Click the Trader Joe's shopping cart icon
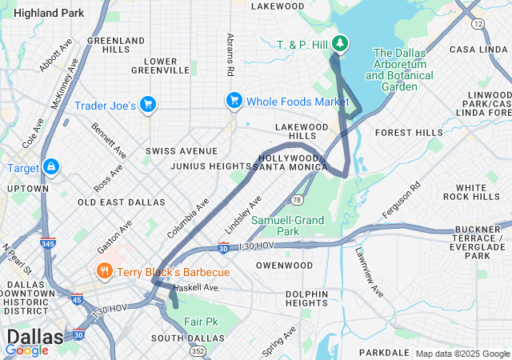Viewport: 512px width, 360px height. (x=147, y=105)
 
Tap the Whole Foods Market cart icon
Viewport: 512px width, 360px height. (x=234, y=101)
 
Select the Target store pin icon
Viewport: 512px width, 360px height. (x=50, y=166)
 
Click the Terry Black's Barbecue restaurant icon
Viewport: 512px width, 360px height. (x=103, y=272)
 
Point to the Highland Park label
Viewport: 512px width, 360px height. (x=49, y=13)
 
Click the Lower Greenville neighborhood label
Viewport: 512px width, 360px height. (x=171, y=65)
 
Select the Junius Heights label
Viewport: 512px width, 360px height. (x=210, y=166)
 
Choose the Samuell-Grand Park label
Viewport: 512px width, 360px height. (x=287, y=226)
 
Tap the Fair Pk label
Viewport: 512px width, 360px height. (x=201, y=321)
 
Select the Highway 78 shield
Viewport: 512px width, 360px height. (x=296, y=199)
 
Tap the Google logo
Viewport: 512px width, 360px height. (x=27, y=350)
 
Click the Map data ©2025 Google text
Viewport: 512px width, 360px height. (x=462, y=354)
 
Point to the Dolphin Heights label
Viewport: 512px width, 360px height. (x=306, y=298)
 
